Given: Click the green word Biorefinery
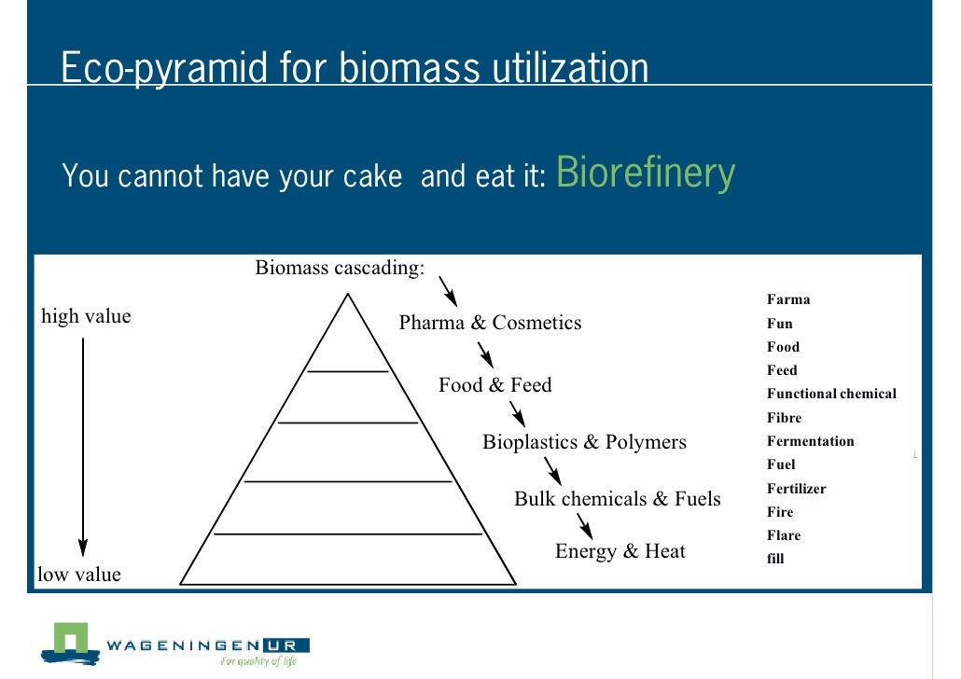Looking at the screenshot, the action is pos(646,173).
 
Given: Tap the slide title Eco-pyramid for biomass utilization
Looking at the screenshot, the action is pos(355,68).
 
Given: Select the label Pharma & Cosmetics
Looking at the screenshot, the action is pos(490,323).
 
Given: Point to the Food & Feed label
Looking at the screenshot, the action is pos(495,384).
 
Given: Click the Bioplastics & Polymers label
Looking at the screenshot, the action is pos(584,441).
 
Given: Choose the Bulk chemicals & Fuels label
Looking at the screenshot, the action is pos(618,499).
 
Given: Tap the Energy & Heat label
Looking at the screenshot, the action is pos(620,551).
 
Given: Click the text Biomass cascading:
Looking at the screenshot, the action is pos(340,269).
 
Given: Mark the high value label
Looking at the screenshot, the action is pos(86,316).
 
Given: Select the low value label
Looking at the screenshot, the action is pos(79,575).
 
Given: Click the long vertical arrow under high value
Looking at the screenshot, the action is pos(83,448).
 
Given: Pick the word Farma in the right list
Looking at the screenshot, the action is pos(788,299).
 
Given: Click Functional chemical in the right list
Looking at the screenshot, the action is pos(831,394).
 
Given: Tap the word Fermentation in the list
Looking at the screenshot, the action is pos(810,441).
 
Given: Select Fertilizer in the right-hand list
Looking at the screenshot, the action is pos(796,489).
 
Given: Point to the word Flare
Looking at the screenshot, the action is pos(784,535).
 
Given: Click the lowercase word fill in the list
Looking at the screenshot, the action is pos(775,559).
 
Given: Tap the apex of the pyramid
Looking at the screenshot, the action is pos(348,297).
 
